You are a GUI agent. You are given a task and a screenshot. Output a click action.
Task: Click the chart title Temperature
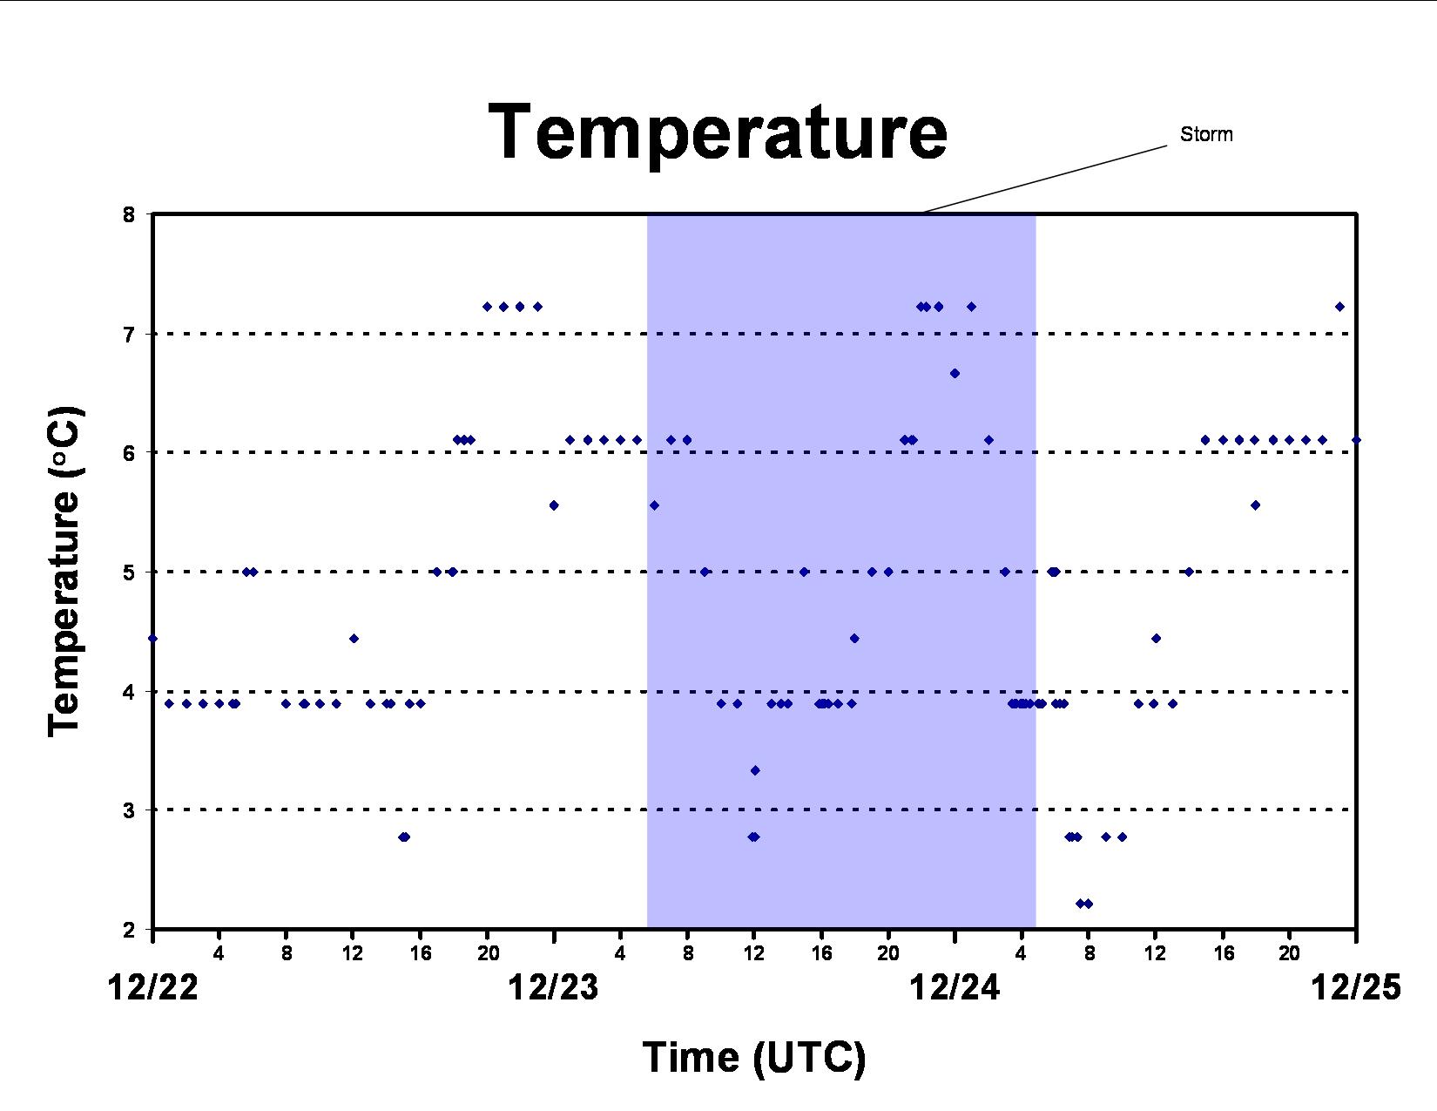pyautogui.click(x=718, y=133)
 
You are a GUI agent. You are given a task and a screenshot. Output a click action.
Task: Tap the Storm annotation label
pyautogui.click(x=1206, y=134)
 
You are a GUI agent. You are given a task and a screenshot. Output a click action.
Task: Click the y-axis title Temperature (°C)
pyautogui.click(x=64, y=572)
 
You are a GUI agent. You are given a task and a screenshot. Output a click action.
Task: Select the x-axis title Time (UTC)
pyautogui.click(x=754, y=1057)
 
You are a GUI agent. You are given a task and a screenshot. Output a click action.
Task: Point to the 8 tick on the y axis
pyautogui.click(x=128, y=214)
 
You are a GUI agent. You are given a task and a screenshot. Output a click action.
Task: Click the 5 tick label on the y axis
pyautogui.click(x=128, y=572)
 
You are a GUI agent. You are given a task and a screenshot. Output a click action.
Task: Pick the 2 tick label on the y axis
pyautogui.click(x=128, y=930)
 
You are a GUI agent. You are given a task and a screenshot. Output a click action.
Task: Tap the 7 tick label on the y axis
pyautogui.click(x=128, y=334)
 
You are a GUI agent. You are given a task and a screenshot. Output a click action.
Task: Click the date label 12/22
pyautogui.click(x=152, y=988)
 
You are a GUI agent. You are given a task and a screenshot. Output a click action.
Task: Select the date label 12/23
pyautogui.click(x=554, y=988)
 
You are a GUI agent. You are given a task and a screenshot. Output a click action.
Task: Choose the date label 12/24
pyautogui.click(x=955, y=988)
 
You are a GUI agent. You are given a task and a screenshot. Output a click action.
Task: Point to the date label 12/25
pyautogui.click(x=1356, y=988)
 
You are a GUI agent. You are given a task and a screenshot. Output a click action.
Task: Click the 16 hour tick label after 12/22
pyautogui.click(x=421, y=953)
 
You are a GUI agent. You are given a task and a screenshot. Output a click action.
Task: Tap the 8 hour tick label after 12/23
pyautogui.click(x=688, y=953)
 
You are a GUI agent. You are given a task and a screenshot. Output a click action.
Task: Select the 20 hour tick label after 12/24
pyautogui.click(x=1290, y=953)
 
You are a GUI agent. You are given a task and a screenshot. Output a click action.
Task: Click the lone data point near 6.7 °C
pyautogui.click(x=955, y=373)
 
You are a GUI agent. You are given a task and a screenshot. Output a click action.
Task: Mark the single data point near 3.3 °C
pyautogui.click(x=755, y=770)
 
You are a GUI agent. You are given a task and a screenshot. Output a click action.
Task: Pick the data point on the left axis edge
pyautogui.click(x=152, y=638)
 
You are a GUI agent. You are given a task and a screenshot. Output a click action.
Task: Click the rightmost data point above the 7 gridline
pyautogui.click(x=1339, y=307)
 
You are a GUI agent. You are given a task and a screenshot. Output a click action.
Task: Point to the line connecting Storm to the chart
pyautogui.click(x=1045, y=179)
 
